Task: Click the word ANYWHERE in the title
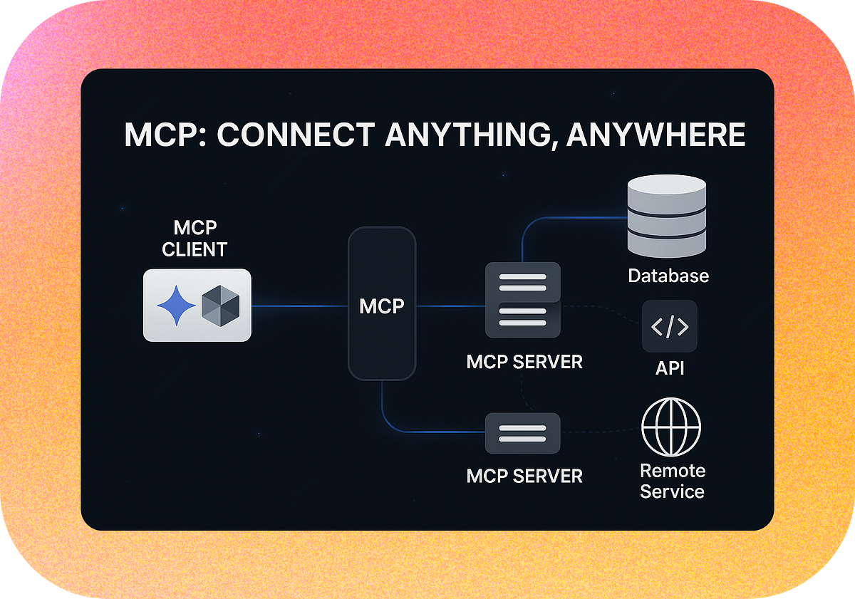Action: [x=655, y=135]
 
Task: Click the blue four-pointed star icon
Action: [x=176, y=306]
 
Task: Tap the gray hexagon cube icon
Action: [x=221, y=306]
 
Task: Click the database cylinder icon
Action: [x=667, y=217]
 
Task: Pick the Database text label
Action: [x=668, y=276]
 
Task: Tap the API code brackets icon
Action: [x=670, y=327]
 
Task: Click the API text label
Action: [x=670, y=368]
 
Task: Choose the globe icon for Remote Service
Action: [x=671, y=427]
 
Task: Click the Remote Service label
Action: [x=672, y=481]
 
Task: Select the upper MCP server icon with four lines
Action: [x=522, y=300]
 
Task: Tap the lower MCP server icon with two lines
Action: [x=522, y=433]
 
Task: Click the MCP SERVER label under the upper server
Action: [x=524, y=362]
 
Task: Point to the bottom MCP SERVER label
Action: [x=524, y=476]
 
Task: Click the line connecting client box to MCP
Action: [x=299, y=306]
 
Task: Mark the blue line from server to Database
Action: [x=570, y=217]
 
